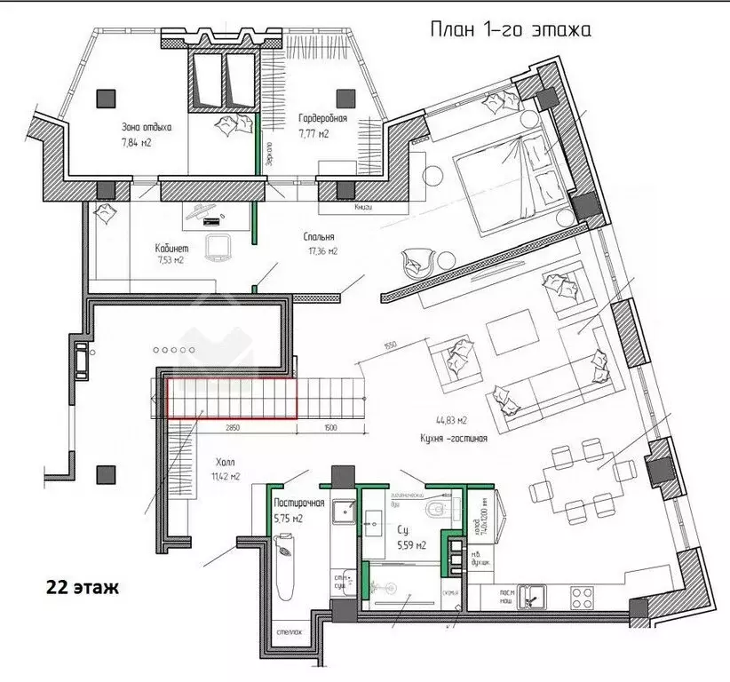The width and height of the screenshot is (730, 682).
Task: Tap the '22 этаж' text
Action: click(x=80, y=587)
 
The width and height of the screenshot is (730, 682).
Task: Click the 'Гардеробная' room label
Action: click(x=321, y=119)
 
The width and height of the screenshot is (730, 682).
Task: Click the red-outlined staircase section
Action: click(x=232, y=397)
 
